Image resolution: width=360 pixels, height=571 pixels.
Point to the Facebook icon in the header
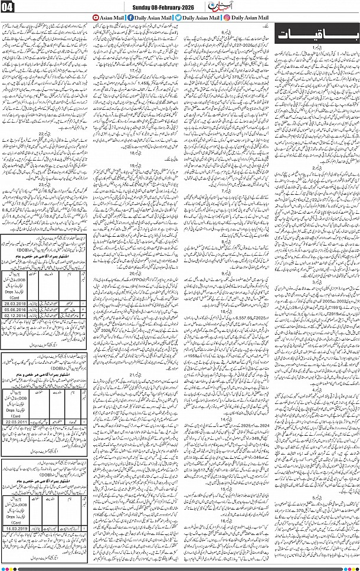129,18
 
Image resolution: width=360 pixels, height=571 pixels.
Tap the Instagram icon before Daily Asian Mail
227,18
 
